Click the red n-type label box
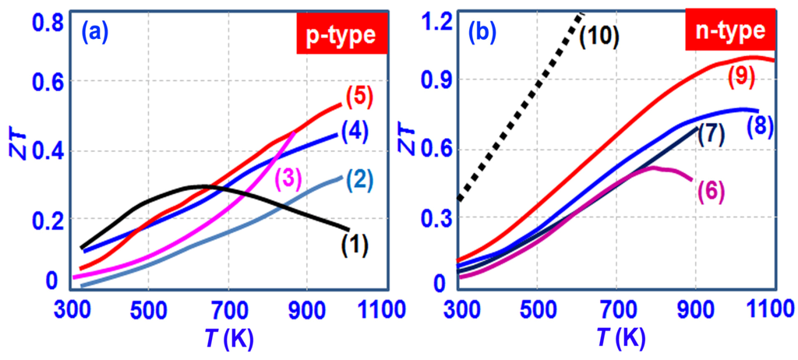click(729, 35)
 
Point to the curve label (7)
click(711, 133)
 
